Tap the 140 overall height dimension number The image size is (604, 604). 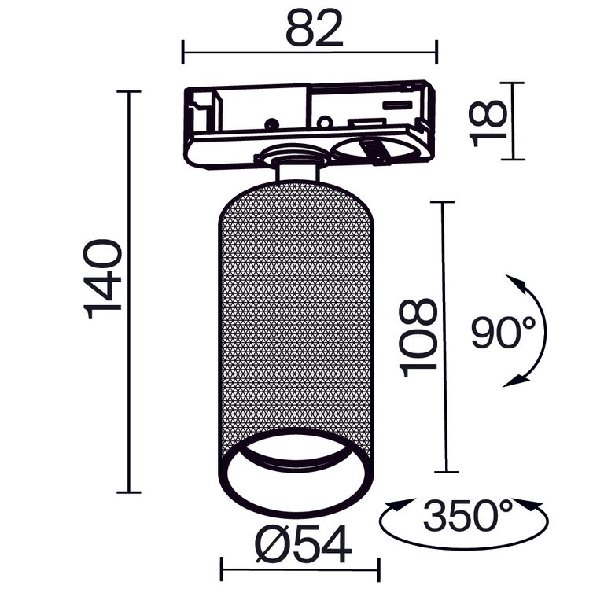(x=105, y=280)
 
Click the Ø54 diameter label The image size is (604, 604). (x=303, y=542)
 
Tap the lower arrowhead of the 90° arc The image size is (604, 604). (x=514, y=382)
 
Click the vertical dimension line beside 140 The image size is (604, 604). (x=129, y=292)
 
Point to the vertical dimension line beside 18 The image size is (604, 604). (x=513, y=121)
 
